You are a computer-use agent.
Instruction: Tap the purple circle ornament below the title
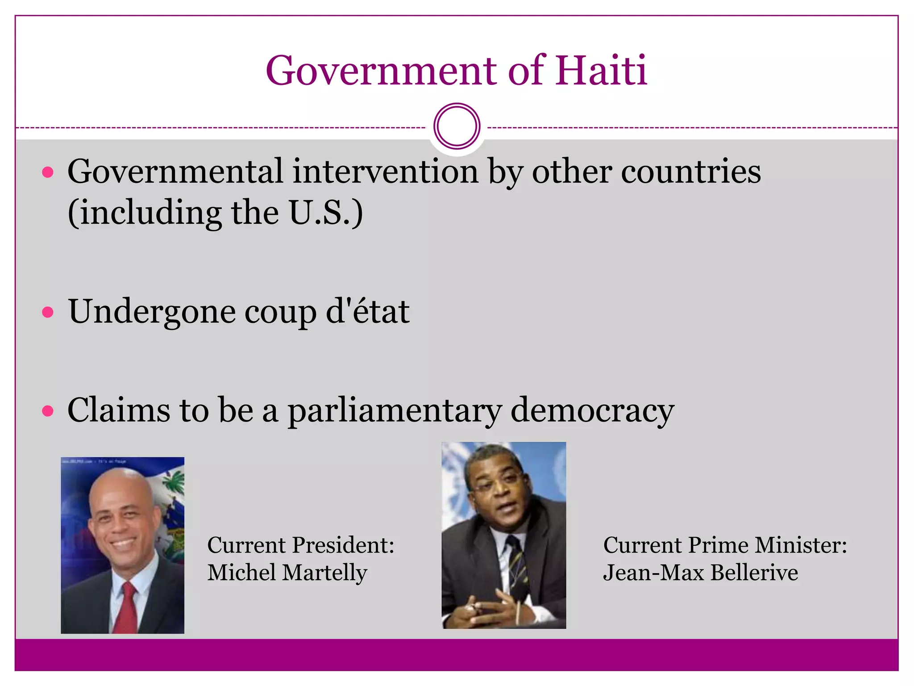457,126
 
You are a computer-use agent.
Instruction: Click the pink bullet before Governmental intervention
48,173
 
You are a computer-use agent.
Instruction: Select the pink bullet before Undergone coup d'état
48,312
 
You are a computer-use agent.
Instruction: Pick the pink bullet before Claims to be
48,411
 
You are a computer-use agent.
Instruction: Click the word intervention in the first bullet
385,171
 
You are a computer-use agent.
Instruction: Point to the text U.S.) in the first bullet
326,213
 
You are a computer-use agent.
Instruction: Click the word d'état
367,311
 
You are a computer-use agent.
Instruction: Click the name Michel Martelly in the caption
287,573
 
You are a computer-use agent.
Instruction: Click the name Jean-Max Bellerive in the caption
700,573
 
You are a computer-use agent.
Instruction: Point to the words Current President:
301,545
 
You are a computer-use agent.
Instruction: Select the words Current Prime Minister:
725,545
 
